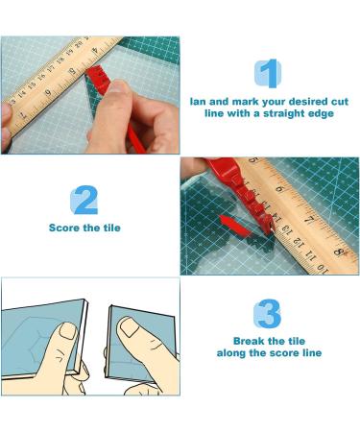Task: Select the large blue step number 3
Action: [x=269, y=314]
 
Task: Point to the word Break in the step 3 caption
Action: [x=249, y=341]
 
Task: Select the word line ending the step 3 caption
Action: [x=312, y=353]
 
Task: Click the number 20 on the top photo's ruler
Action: [x=79, y=45]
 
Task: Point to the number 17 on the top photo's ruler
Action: [x=51, y=68]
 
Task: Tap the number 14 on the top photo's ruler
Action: [x=22, y=94]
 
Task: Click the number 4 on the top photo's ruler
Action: [x=95, y=51]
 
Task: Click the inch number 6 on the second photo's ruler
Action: [x=279, y=189]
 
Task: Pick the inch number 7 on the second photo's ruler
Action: [x=309, y=220]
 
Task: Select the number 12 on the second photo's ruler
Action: [x=298, y=240]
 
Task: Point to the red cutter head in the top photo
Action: [x=97, y=77]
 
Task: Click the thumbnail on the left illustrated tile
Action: [x=68, y=331]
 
